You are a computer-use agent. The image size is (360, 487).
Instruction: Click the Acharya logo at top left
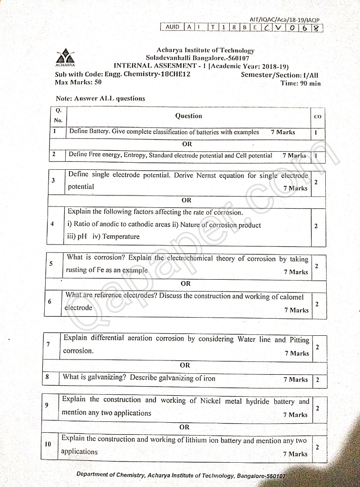click(65, 58)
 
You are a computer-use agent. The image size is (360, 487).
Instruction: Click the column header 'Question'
click(188, 116)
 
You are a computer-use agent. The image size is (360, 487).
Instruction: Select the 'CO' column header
click(318, 117)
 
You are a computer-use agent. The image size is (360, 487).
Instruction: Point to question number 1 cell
click(55, 132)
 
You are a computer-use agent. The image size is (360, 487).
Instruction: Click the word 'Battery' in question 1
click(99, 132)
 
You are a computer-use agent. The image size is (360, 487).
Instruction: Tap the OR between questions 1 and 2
click(187, 144)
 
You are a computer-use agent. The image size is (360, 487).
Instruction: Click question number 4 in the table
click(52, 224)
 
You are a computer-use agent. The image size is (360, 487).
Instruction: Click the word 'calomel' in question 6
click(291, 297)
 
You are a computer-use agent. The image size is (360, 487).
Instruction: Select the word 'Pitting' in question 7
click(299, 340)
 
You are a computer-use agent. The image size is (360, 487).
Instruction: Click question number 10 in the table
click(48, 444)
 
